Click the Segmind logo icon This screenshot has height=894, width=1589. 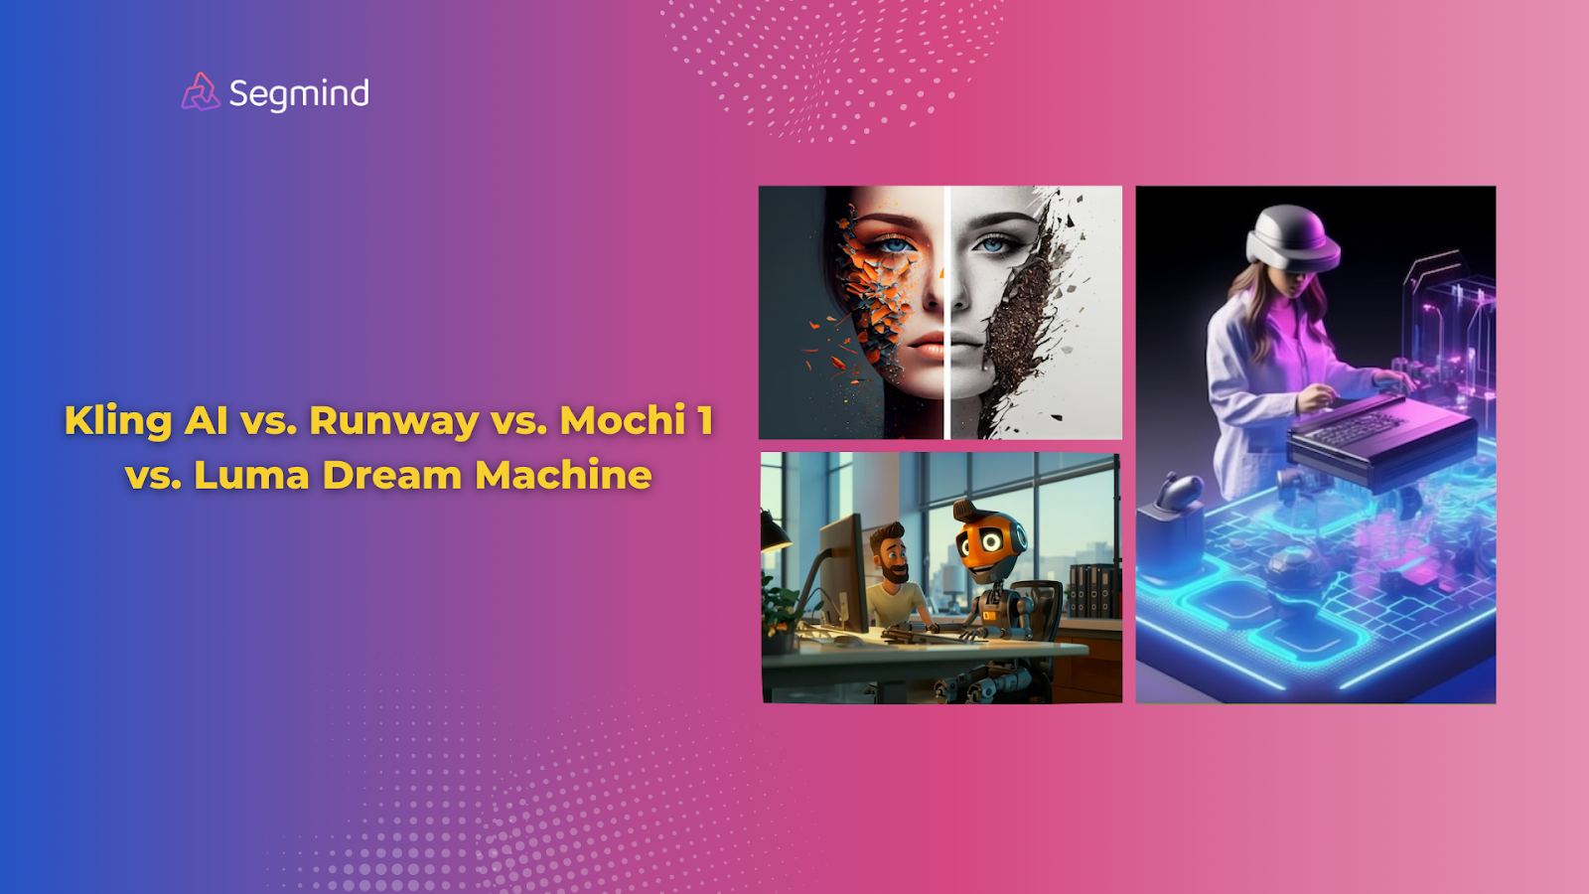(200, 92)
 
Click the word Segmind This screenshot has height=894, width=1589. (299, 94)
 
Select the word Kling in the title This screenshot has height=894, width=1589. (118, 421)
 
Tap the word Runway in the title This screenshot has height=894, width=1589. (394, 421)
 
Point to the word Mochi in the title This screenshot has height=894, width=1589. (623, 420)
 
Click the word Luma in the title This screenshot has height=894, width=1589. (251, 475)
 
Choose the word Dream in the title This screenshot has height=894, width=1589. (392, 475)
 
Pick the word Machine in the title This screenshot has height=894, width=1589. (563, 475)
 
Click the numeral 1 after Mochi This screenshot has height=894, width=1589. (705, 420)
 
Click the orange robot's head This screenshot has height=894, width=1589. (989, 541)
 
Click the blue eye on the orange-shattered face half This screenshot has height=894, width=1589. (897, 244)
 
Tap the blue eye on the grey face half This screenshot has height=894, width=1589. (993, 244)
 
